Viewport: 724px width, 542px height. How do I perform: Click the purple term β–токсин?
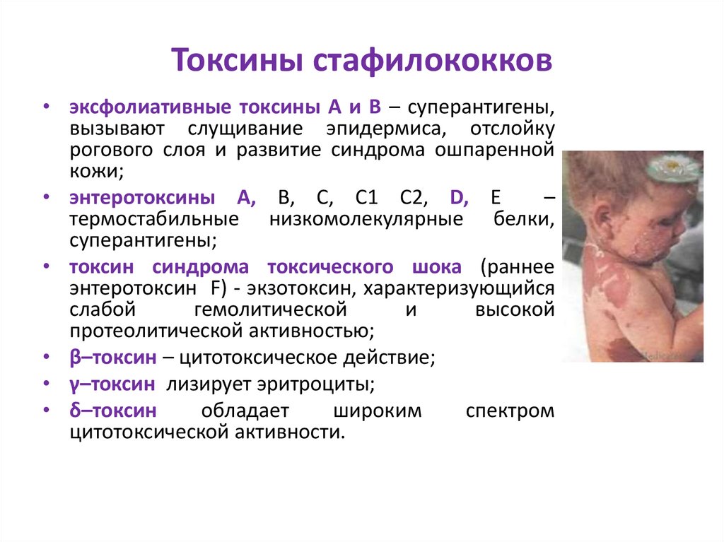point(112,358)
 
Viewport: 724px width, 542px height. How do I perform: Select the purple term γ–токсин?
point(112,384)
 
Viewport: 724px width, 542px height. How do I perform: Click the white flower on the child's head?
point(672,167)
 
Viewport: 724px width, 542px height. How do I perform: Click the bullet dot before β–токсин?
point(46,358)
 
